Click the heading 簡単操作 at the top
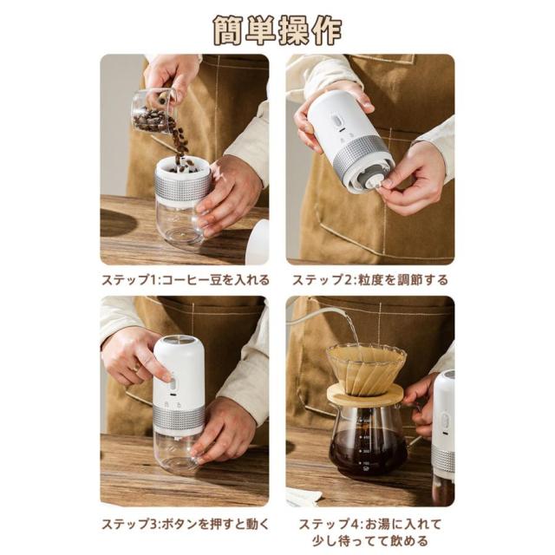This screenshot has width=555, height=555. click(x=277, y=30)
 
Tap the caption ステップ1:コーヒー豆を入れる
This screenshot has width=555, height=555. click(x=185, y=280)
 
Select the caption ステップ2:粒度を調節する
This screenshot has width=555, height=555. click(x=370, y=280)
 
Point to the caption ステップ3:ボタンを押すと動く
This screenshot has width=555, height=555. click(x=185, y=524)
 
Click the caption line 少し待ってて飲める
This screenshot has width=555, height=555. click(x=370, y=541)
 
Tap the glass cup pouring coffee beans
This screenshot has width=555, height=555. click(x=154, y=111)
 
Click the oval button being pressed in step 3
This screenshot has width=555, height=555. click(x=173, y=383)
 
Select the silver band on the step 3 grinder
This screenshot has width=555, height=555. click(x=180, y=418)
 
